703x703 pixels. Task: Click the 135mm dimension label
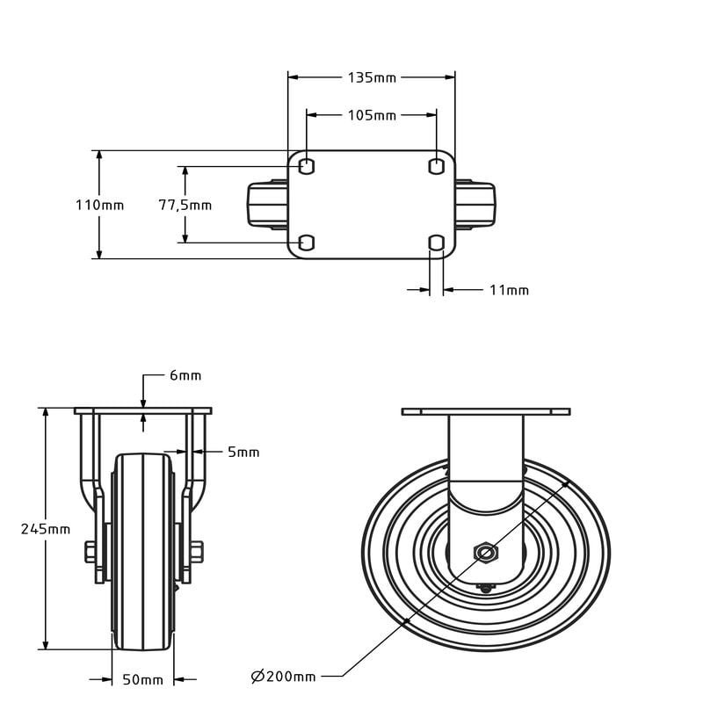pos(372,77)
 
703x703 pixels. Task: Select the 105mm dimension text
pos(372,115)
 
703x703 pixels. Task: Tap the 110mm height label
pos(99,206)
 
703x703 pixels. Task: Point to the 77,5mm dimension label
pos(185,206)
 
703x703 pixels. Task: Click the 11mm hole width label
pos(509,290)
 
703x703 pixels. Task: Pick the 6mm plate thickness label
pos(185,375)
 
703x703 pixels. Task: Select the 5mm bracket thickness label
pos(243,453)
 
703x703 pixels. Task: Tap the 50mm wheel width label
pos(142,679)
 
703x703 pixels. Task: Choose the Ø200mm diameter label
pos(283,676)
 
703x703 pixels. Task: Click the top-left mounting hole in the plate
pos(306,166)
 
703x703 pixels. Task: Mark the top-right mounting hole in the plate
pos(436,166)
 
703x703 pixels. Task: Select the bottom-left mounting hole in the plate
pos(306,243)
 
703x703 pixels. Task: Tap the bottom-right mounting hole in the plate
pos(436,243)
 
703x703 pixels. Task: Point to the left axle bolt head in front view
pos(91,553)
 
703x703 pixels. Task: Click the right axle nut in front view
pos(197,553)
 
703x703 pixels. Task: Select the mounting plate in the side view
pos(485,411)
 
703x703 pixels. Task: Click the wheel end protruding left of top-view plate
pos(264,204)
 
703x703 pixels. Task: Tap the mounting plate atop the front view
pos(143,411)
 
